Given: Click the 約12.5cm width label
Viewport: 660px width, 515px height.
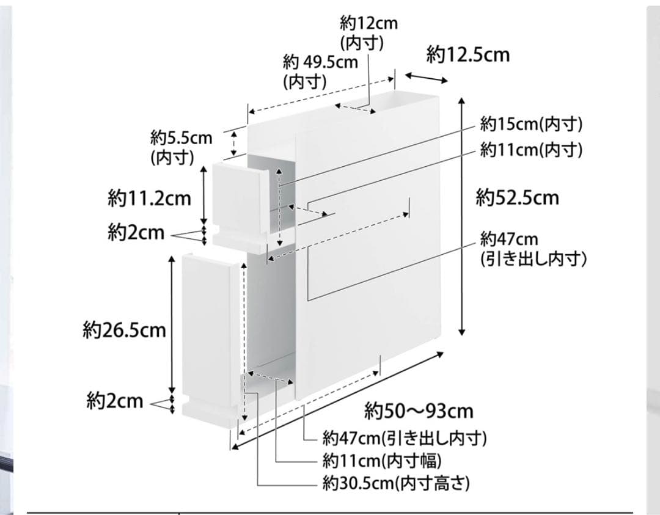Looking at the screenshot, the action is (468, 55).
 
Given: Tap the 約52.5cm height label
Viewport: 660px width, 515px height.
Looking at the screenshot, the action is (518, 197).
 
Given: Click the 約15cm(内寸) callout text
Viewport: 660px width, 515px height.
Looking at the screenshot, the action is (532, 124).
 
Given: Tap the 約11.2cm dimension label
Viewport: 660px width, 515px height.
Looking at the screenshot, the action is (150, 198).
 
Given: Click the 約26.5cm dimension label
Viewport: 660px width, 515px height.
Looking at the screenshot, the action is (125, 331).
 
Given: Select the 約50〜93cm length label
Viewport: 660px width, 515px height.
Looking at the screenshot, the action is (419, 411).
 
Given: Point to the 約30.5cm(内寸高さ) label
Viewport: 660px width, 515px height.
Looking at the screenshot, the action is (396, 483).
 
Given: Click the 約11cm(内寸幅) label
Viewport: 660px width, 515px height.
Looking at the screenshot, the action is (382, 461).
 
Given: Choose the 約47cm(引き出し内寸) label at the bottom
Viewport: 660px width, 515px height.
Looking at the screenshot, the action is (405, 439).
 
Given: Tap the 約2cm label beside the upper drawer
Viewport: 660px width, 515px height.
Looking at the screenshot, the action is (136, 232).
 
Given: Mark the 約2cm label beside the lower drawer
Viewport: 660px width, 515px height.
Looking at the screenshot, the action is (115, 401).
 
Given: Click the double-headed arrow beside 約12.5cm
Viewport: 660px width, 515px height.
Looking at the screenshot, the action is (427, 78).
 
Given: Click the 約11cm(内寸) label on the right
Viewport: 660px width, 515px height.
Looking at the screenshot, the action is (532, 149).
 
